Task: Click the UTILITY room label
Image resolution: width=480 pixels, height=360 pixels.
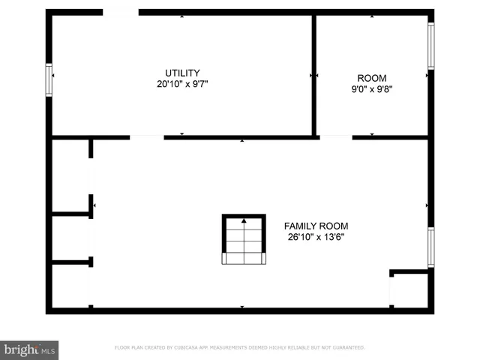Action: (x=182, y=73)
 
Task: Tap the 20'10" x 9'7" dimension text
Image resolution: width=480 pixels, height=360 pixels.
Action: (x=182, y=85)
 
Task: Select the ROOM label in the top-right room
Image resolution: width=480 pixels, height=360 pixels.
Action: (x=372, y=78)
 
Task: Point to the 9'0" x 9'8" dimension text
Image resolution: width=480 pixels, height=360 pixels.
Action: (x=372, y=89)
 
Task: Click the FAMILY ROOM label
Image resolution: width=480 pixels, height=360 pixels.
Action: (x=316, y=226)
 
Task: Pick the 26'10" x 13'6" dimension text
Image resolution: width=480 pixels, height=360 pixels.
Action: (x=316, y=237)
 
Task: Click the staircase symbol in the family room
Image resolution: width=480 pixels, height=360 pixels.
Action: (x=244, y=239)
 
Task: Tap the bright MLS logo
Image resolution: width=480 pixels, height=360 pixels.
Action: (x=29, y=349)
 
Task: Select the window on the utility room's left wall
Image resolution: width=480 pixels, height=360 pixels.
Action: (x=49, y=80)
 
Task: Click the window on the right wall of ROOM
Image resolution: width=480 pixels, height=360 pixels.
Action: (x=430, y=46)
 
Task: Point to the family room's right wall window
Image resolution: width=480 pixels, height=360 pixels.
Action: (x=430, y=247)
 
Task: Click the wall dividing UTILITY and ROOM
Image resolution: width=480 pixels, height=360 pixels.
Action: (x=313, y=75)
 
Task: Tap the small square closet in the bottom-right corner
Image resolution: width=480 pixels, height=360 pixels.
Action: (x=410, y=290)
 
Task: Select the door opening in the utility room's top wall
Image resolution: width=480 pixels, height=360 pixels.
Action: (x=121, y=12)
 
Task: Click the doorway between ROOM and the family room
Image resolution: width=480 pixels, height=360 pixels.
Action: (x=335, y=137)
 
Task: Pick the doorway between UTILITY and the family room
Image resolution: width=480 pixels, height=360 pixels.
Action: (x=147, y=137)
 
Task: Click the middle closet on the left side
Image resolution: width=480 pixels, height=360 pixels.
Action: (x=70, y=238)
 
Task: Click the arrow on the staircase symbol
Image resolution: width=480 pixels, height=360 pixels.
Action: (x=244, y=222)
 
